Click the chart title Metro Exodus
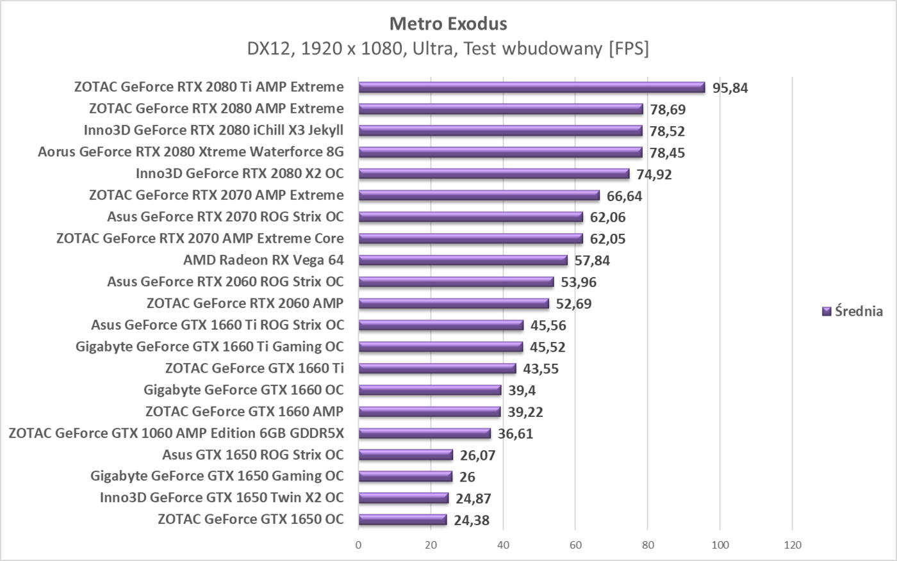pos(448,24)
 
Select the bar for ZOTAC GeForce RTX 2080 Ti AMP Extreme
pos(531,88)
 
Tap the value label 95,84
pos(730,88)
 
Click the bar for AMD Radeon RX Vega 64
pos(463,261)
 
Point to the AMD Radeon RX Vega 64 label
pos(263,260)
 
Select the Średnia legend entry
pos(852,311)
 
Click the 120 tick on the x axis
pos(793,545)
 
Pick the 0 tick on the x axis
pos(358,545)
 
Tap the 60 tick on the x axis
pos(575,545)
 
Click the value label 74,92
pos(654,174)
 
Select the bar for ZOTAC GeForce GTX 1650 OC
pos(402,519)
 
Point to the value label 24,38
pos(471,520)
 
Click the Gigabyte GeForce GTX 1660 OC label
pos(243,389)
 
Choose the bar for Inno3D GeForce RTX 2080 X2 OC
pos(493,174)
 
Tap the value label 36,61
pos(515,434)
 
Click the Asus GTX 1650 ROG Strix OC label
pos(252,455)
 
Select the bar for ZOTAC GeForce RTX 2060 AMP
pos(453,304)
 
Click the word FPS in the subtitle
pos(629,49)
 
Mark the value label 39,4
pos(522,390)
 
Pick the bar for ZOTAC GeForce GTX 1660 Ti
pos(437,368)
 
